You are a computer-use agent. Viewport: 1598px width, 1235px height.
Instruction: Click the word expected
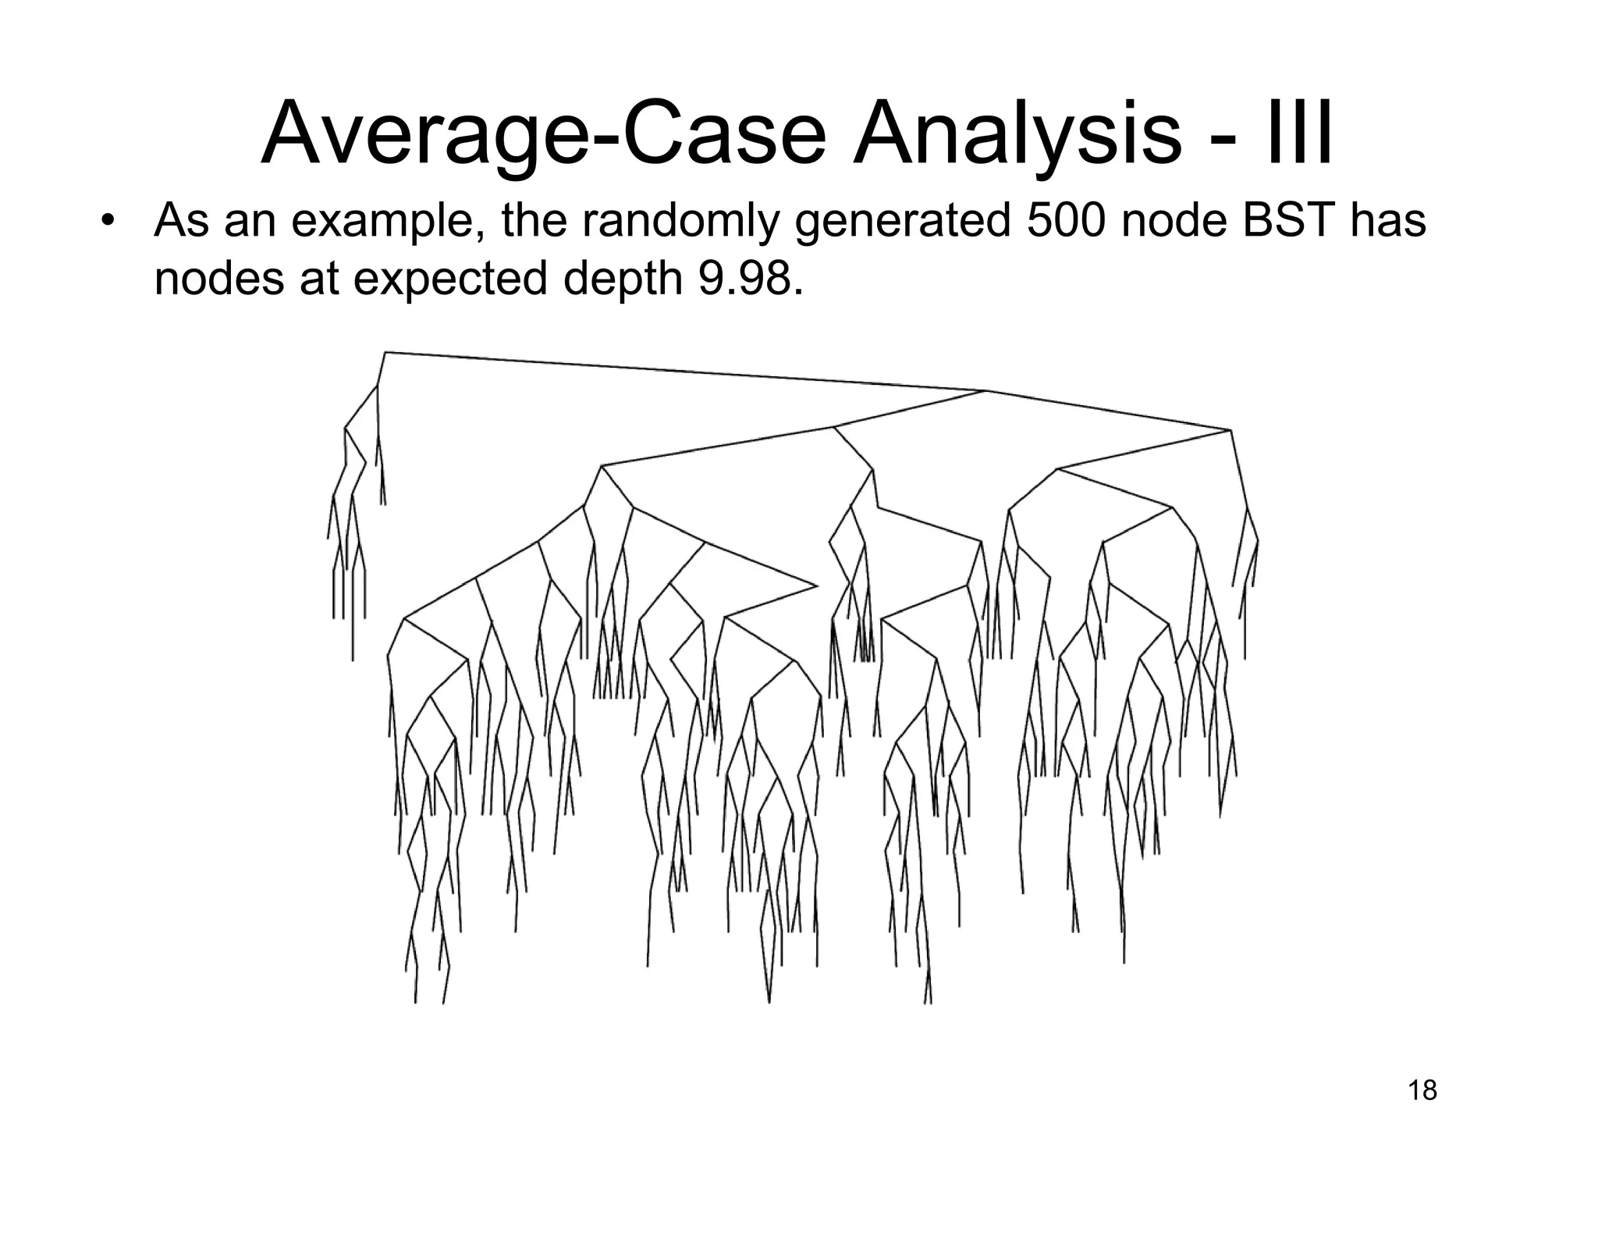pyautogui.click(x=450, y=280)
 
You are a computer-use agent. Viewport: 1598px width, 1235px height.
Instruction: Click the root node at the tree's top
pyautogui.click(x=385, y=353)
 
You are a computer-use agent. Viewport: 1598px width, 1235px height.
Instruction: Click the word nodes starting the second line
pyautogui.click(x=218, y=279)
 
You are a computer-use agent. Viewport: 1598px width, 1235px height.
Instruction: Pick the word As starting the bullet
pyautogui.click(x=182, y=221)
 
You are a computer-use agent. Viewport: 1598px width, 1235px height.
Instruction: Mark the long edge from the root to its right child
pyautogui.click(x=687, y=372)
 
